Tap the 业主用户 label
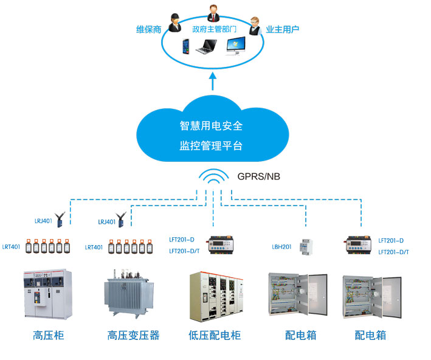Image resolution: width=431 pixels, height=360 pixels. pyautogui.click(x=283, y=29)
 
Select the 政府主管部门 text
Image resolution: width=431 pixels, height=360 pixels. pyautogui.click(x=214, y=29)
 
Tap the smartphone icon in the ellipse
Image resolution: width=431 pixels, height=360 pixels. pyautogui.click(x=185, y=46)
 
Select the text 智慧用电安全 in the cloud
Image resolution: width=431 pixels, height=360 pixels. pyautogui.click(x=211, y=126)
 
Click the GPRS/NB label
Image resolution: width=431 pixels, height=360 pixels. pyautogui.click(x=259, y=177)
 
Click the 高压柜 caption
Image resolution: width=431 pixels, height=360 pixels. pyautogui.click(x=48, y=335)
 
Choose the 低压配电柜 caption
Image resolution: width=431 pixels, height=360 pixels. pyautogui.click(x=215, y=335)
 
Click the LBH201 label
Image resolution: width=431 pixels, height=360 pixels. pyautogui.click(x=281, y=247)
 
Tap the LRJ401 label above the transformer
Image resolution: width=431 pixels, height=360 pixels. pyautogui.click(x=106, y=223)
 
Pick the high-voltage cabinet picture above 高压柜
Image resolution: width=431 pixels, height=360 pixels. pyautogui.click(x=47, y=295)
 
